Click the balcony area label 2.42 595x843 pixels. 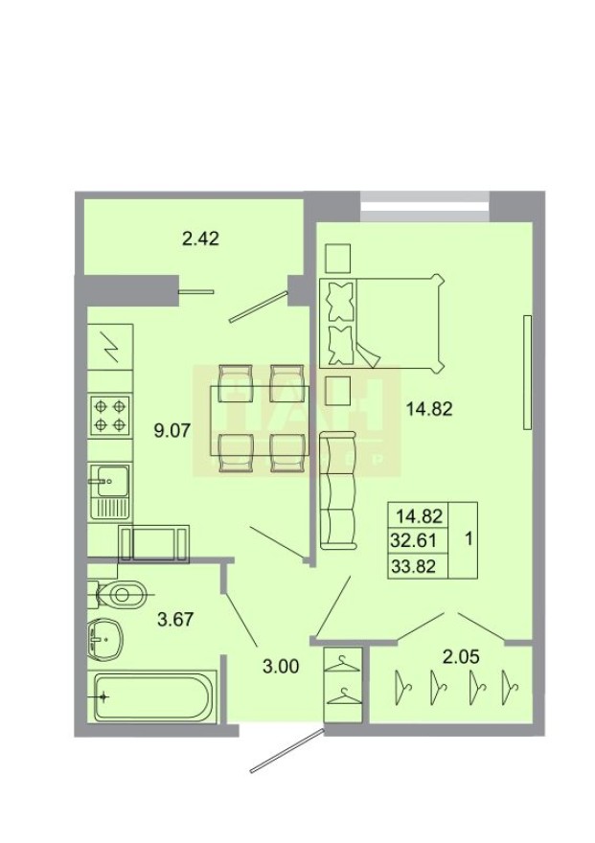(x=201, y=239)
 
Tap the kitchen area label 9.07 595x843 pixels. (x=173, y=428)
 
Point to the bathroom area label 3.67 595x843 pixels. (x=175, y=619)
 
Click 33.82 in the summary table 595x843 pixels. (x=413, y=565)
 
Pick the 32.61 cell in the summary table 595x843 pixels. (x=413, y=539)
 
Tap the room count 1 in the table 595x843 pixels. (x=468, y=539)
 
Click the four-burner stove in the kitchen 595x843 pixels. (x=110, y=415)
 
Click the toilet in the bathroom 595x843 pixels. (x=119, y=595)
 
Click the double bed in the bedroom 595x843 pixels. (x=383, y=323)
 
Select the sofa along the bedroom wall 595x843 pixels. (x=337, y=490)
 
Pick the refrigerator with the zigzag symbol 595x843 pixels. (x=111, y=344)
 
